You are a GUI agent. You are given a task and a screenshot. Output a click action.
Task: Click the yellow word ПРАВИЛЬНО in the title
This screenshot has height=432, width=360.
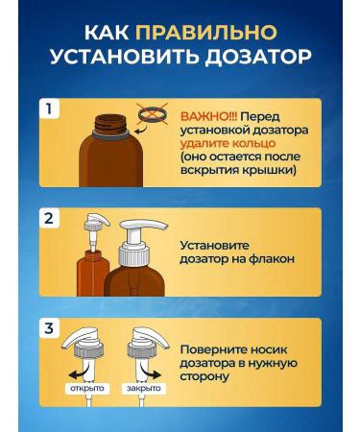(206, 33)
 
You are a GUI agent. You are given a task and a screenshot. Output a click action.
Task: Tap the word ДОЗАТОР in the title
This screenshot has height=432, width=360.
(258, 58)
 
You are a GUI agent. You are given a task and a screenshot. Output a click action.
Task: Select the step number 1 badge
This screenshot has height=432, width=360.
(49, 109)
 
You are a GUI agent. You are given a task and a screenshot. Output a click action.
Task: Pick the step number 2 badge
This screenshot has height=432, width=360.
(49, 219)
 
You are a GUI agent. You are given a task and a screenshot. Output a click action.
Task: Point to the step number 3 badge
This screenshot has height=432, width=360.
(49, 328)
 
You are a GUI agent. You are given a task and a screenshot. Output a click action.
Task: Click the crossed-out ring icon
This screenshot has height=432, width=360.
(153, 114)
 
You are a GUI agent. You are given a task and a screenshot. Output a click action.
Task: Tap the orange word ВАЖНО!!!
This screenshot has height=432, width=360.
(209, 117)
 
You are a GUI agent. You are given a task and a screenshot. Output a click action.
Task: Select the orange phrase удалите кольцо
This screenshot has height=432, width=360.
(228, 143)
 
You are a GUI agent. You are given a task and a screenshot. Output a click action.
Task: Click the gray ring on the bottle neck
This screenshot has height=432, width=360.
(110, 133)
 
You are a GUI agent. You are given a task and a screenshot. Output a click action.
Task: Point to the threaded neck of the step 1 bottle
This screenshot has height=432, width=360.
(110, 122)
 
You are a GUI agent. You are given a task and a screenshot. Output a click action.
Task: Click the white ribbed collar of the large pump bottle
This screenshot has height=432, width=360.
(134, 256)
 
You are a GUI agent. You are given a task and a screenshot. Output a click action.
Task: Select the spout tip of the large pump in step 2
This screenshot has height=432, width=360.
(164, 226)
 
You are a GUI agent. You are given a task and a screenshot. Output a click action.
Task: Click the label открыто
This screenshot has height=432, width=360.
(87, 389)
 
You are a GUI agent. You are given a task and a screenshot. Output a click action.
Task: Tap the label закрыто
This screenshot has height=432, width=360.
(144, 389)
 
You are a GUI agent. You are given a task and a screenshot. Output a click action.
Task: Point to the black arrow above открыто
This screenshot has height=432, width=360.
(79, 373)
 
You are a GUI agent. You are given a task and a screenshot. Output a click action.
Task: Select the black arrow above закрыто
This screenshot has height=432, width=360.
(150, 373)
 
